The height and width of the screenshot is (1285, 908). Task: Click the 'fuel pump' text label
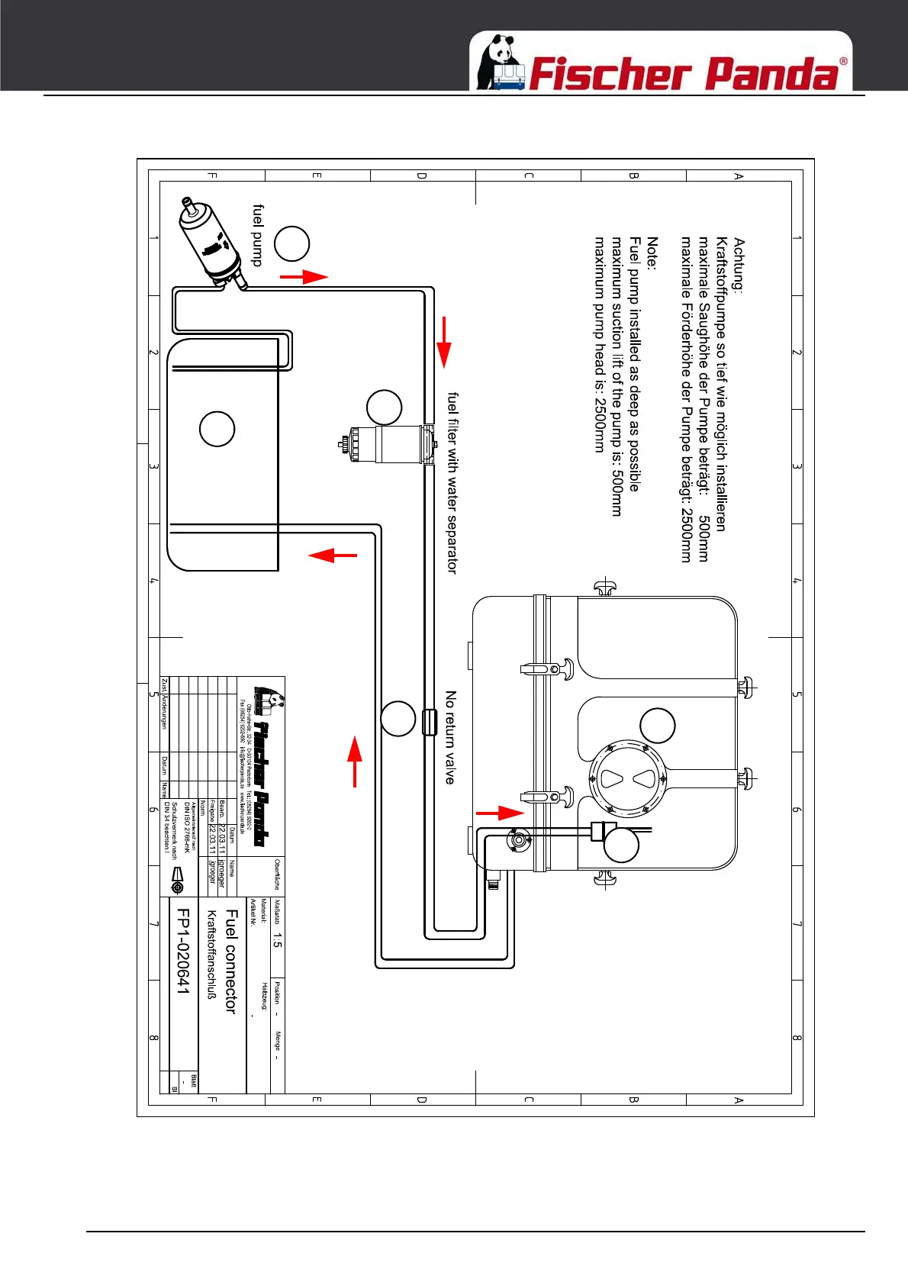(x=257, y=235)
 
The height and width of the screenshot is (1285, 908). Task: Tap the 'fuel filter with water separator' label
(x=452, y=482)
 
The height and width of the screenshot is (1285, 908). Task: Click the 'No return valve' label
(x=450, y=737)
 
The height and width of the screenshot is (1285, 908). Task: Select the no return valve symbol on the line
(x=430, y=721)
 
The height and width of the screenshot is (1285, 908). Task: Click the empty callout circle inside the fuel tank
(x=217, y=429)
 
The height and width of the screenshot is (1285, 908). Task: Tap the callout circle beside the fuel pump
(x=291, y=244)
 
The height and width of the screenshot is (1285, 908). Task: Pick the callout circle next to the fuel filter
(x=384, y=407)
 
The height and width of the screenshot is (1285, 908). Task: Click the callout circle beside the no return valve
(x=398, y=718)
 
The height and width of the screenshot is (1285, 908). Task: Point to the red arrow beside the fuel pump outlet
(x=304, y=276)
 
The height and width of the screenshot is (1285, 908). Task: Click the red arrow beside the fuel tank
(x=333, y=555)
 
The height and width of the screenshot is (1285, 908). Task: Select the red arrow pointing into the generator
(x=501, y=813)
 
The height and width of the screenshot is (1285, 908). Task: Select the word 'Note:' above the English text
(x=652, y=253)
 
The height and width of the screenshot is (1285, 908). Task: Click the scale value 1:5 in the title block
(x=277, y=940)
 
